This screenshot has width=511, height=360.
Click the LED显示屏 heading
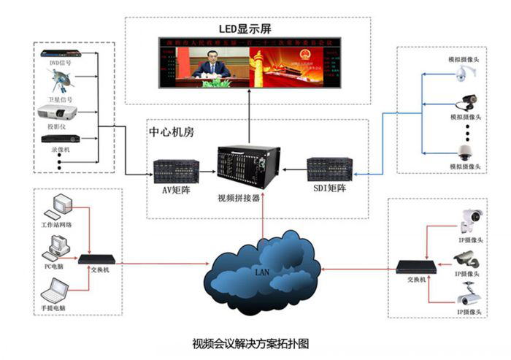pyautogui.click(x=250, y=30)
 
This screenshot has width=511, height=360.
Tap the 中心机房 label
pyautogui.click(x=169, y=134)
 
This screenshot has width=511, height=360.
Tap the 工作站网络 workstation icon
pyautogui.click(x=56, y=206)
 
